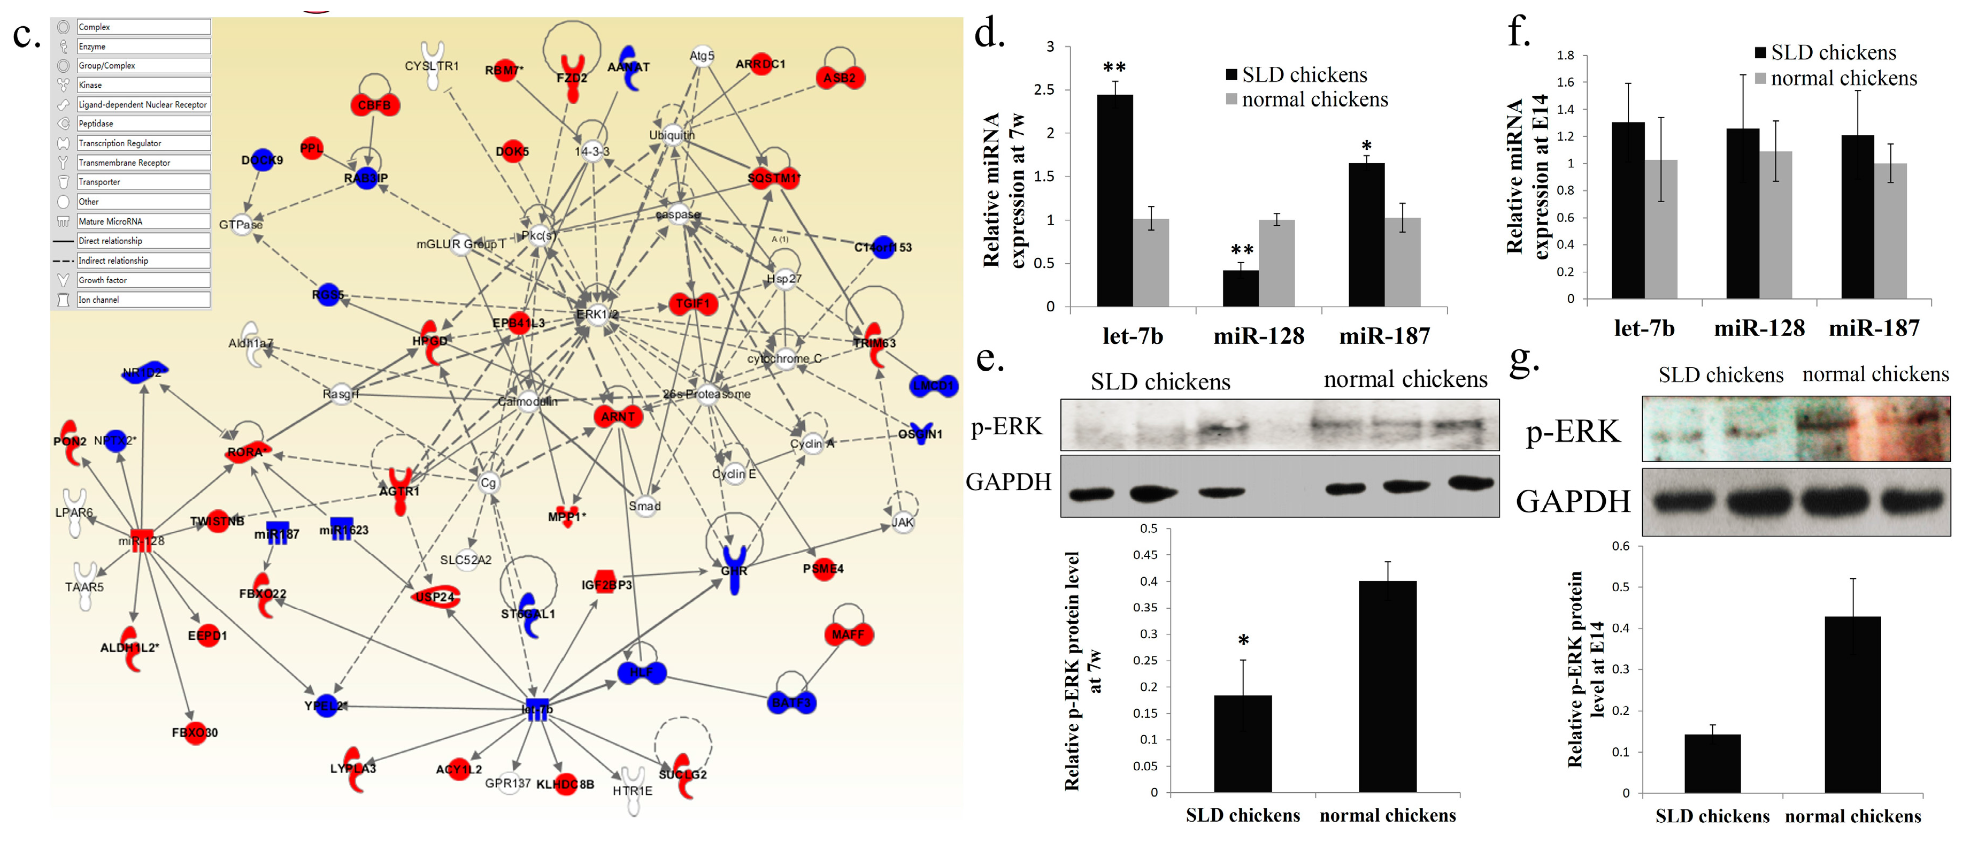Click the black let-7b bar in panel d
click(1114, 201)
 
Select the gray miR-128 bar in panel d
click(1276, 263)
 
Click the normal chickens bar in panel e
click(1387, 686)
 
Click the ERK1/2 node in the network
click(597, 313)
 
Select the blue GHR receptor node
click(734, 570)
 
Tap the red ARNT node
click(617, 416)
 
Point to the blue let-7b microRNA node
click(537, 709)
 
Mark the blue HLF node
click(642, 672)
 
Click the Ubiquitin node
click(672, 135)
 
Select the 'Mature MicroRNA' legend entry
click(142, 221)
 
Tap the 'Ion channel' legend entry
click(142, 299)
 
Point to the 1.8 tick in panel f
click(1565, 55)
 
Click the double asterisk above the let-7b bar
click(1114, 67)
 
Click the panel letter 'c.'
click(26, 35)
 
